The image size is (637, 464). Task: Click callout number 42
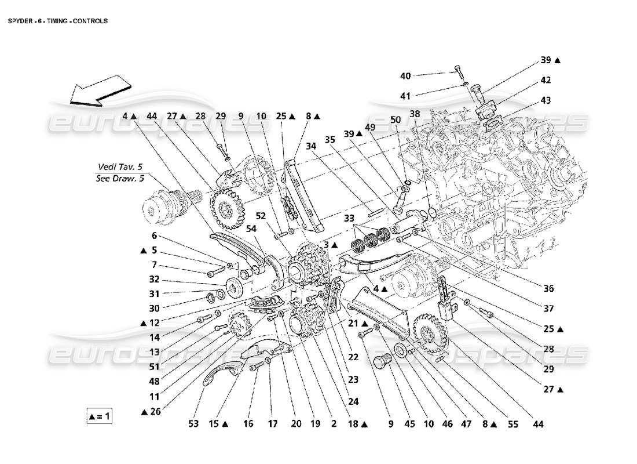tap(546, 80)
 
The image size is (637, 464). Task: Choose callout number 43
tap(546, 100)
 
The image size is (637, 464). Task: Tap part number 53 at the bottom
tap(193, 424)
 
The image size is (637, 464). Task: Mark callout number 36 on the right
tap(548, 288)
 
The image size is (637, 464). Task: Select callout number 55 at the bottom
tap(513, 424)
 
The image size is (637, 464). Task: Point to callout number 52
tap(262, 216)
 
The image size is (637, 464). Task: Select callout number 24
tap(353, 400)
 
